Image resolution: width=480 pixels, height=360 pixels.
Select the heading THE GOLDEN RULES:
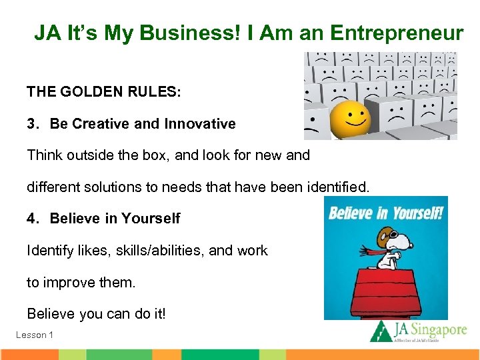pos(103,91)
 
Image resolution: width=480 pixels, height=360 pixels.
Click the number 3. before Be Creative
pos(33,124)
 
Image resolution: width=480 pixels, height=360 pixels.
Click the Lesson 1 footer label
pos(35,335)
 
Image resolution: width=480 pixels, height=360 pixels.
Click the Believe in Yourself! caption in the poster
pos(385,215)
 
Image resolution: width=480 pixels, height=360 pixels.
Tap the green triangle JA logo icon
pos(381,331)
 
